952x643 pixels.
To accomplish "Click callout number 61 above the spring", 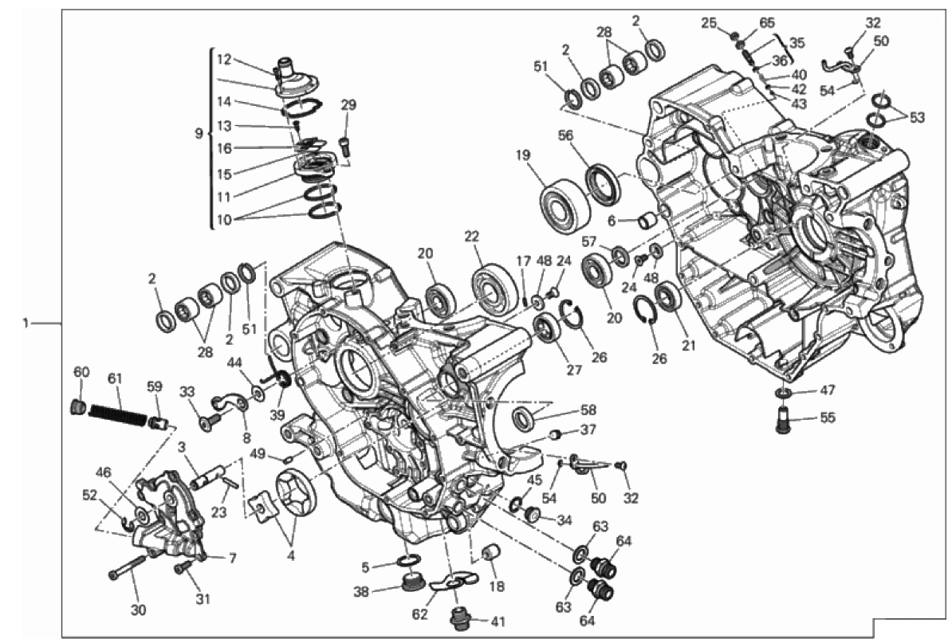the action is point(115,378).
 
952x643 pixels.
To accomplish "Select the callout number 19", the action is point(523,155).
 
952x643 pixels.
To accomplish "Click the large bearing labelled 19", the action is point(565,205).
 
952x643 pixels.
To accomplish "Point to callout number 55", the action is point(828,418).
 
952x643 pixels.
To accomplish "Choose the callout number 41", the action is point(498,621).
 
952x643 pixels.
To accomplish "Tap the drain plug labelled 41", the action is point(459,618).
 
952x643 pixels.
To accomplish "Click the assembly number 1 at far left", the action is point(26,323).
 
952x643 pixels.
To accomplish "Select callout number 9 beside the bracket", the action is point(199,133).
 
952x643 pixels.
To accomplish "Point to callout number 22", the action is point(472,237).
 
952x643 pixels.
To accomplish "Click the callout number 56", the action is point(565,136).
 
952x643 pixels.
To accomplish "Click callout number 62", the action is point(419,614).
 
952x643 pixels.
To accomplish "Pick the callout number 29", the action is point(348,105).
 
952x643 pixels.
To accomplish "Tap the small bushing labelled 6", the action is point(647,220).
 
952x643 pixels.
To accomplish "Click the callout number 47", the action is point(828,390).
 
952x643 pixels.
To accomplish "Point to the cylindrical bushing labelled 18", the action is point(491,554).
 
